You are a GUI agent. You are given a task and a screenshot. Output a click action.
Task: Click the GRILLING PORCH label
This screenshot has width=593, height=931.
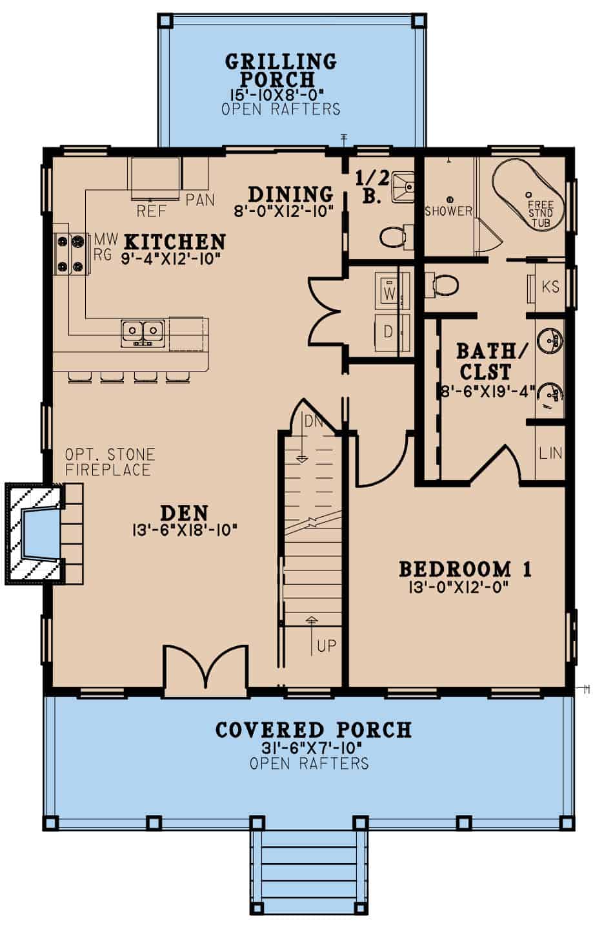pos(281,70)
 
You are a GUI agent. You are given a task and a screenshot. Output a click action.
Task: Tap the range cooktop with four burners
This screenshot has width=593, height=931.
pos(70,253)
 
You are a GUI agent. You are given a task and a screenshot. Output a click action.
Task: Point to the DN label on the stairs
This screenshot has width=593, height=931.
pos(314,422)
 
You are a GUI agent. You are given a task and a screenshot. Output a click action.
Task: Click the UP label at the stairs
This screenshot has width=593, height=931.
pos(327,645)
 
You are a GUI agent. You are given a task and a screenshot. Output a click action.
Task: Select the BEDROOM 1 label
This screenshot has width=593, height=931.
pos(465,569)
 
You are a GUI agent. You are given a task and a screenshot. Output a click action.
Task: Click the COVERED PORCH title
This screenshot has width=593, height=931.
pos(314,730)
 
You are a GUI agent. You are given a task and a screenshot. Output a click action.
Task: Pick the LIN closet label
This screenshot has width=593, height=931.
pos(550,453)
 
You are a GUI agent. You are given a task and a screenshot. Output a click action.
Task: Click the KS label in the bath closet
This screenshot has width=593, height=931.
pos(550,287)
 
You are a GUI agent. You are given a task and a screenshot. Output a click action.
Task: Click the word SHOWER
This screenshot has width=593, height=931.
pos(448,211)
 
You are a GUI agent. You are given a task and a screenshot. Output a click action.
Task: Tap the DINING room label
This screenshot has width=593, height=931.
pos(291,194)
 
